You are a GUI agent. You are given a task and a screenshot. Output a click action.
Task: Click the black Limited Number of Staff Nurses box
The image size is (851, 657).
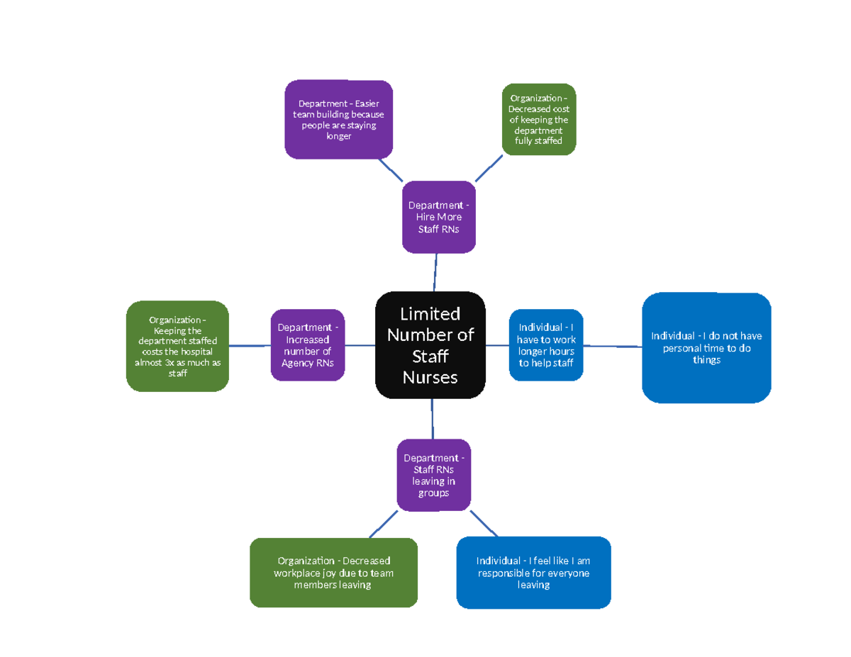point(430,345)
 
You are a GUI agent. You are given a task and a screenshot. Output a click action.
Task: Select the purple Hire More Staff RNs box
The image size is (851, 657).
point(438,217)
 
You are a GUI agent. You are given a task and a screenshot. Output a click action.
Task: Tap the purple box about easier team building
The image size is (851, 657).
point(338,119)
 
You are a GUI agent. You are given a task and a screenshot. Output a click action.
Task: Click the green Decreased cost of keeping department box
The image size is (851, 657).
point(538,119)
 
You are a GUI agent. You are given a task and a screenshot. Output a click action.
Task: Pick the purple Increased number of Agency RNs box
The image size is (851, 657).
point(307,345)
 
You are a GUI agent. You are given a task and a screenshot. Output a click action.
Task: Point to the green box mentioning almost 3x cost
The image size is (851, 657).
point(177,346)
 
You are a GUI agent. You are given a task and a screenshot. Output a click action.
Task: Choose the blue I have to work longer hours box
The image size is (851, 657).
point(545,345)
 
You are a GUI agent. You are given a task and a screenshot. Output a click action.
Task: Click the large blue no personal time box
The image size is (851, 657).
point(706,347)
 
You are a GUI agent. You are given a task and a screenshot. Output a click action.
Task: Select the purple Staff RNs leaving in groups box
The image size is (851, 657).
point(433,475)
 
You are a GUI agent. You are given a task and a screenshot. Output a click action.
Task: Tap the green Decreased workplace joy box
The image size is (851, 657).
point(333,573)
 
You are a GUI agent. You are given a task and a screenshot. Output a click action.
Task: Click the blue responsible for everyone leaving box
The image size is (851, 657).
point(533,573)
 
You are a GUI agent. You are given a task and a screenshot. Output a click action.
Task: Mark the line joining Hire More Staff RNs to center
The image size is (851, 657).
point(435,272)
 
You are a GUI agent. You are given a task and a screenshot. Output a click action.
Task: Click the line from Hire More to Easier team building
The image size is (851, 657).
point(391,170)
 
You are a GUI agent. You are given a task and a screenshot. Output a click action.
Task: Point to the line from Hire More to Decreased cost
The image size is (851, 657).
point(488,168)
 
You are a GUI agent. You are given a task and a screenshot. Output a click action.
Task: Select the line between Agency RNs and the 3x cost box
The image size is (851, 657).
point(250,346)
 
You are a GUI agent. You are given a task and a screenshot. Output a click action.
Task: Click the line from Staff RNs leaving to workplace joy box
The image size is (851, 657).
point(384,524)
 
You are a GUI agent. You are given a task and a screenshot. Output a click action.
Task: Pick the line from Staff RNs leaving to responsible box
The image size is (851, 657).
point(484,523)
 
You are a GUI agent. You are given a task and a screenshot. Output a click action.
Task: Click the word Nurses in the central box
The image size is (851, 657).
point(430,378)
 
